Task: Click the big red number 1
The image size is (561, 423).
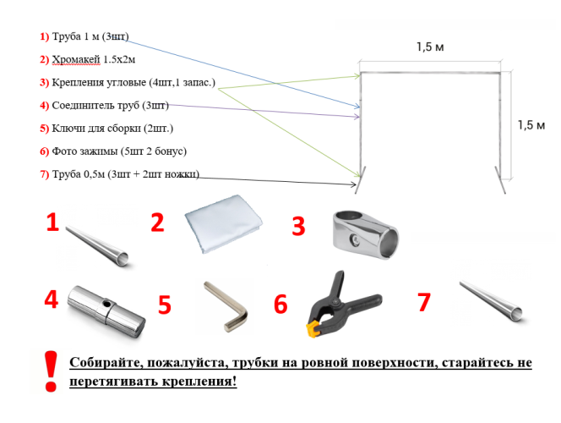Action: tap(52, 222)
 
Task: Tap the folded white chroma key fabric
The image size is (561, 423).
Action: tap(224, 224)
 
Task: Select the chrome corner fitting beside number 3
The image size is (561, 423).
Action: tap(365, 235)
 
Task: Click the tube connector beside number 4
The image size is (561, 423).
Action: tap(106, 311)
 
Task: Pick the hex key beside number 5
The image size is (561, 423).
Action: tap(226, 305)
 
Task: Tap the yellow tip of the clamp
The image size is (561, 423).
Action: tap(313, 329)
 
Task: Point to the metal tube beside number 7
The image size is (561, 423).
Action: tap(491, 300)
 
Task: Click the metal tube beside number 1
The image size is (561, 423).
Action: tap(97, 246)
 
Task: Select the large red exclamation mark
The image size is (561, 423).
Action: tap(51, 371)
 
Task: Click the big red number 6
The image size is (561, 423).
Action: tap(280, 304)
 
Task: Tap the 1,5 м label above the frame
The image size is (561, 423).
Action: tap(430, 47)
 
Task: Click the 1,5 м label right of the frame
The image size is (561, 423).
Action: tap(531, 125)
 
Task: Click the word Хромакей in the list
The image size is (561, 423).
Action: tap(76, 59)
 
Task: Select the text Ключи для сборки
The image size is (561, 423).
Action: tap(96, 129)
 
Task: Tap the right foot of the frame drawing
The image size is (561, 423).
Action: tap(500, 180)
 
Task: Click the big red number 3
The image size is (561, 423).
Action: tap(298, 226)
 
